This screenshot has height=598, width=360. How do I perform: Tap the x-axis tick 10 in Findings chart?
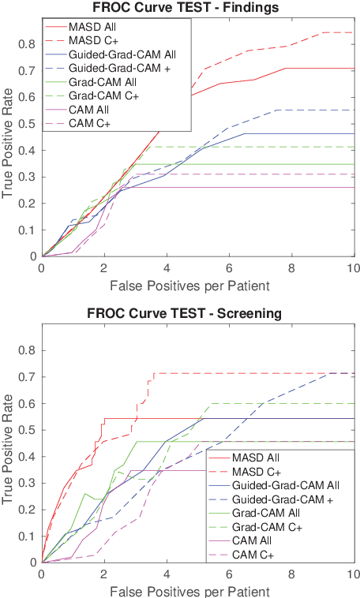353,268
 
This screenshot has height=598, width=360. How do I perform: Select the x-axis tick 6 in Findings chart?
229,268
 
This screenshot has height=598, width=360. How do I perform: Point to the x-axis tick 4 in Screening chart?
167,574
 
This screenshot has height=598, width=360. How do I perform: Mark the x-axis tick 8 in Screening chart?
291,574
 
